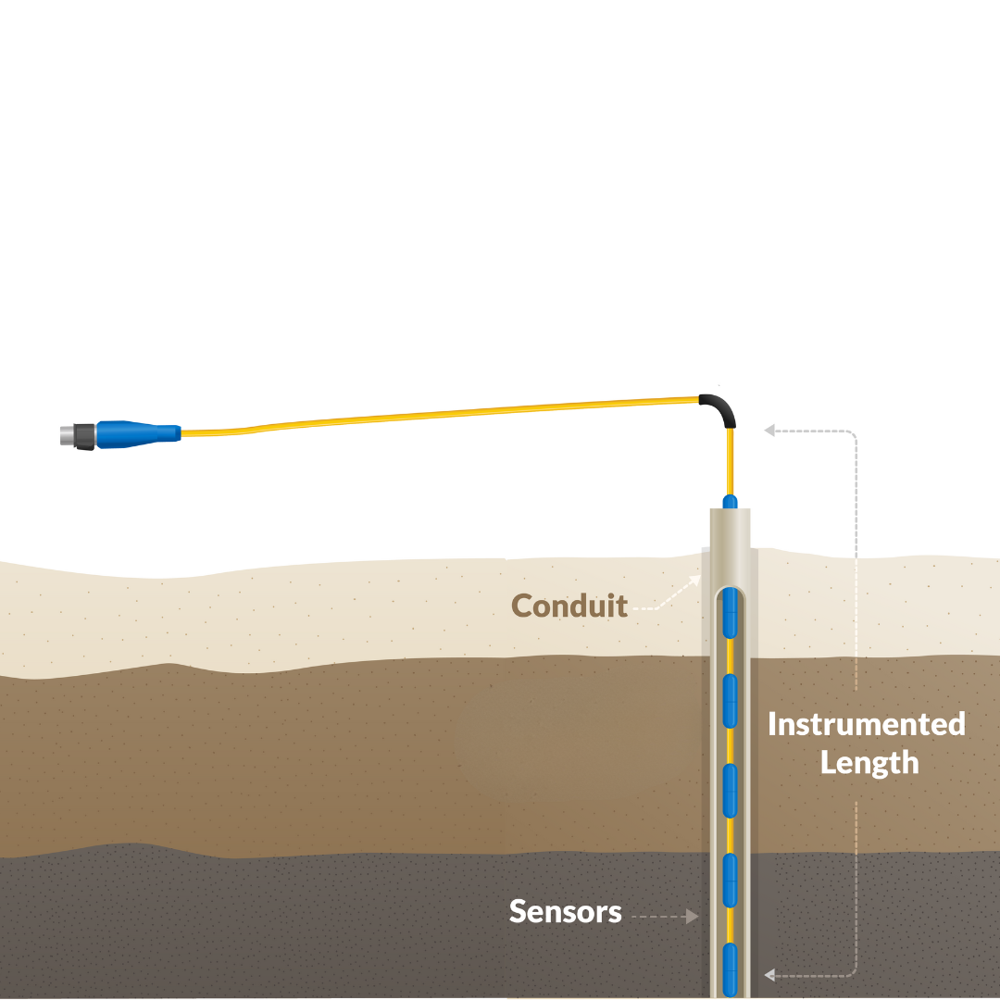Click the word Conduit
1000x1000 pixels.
point(569,606)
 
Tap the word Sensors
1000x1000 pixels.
point(565,911)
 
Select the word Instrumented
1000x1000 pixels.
point(866,723)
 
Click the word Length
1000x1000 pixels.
point(869,763)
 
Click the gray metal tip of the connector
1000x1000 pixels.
point(65,433)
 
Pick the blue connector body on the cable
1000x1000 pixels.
point(139,431)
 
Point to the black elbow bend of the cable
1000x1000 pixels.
point(721,406)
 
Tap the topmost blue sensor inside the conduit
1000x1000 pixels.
point(730,613)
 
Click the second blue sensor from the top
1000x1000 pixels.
point(730,701)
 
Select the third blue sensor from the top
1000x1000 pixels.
point(730,790)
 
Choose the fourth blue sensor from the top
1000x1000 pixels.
point(730,879)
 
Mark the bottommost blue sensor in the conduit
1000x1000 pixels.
point(730,968)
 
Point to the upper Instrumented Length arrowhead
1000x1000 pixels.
point(769,430)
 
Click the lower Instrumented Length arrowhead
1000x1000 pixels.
point(769,974)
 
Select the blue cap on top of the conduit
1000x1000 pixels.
point(730,502)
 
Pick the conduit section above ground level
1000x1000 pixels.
point(730,532)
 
